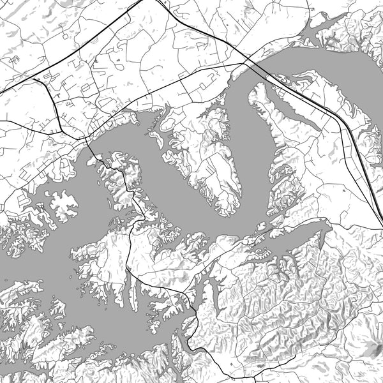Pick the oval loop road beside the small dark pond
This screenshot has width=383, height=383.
pos(119,64)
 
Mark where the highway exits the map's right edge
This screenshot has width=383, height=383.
pos(382,223)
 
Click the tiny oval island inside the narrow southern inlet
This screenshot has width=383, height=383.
pos(81,294)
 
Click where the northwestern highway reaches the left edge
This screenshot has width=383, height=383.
pos(1,93)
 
